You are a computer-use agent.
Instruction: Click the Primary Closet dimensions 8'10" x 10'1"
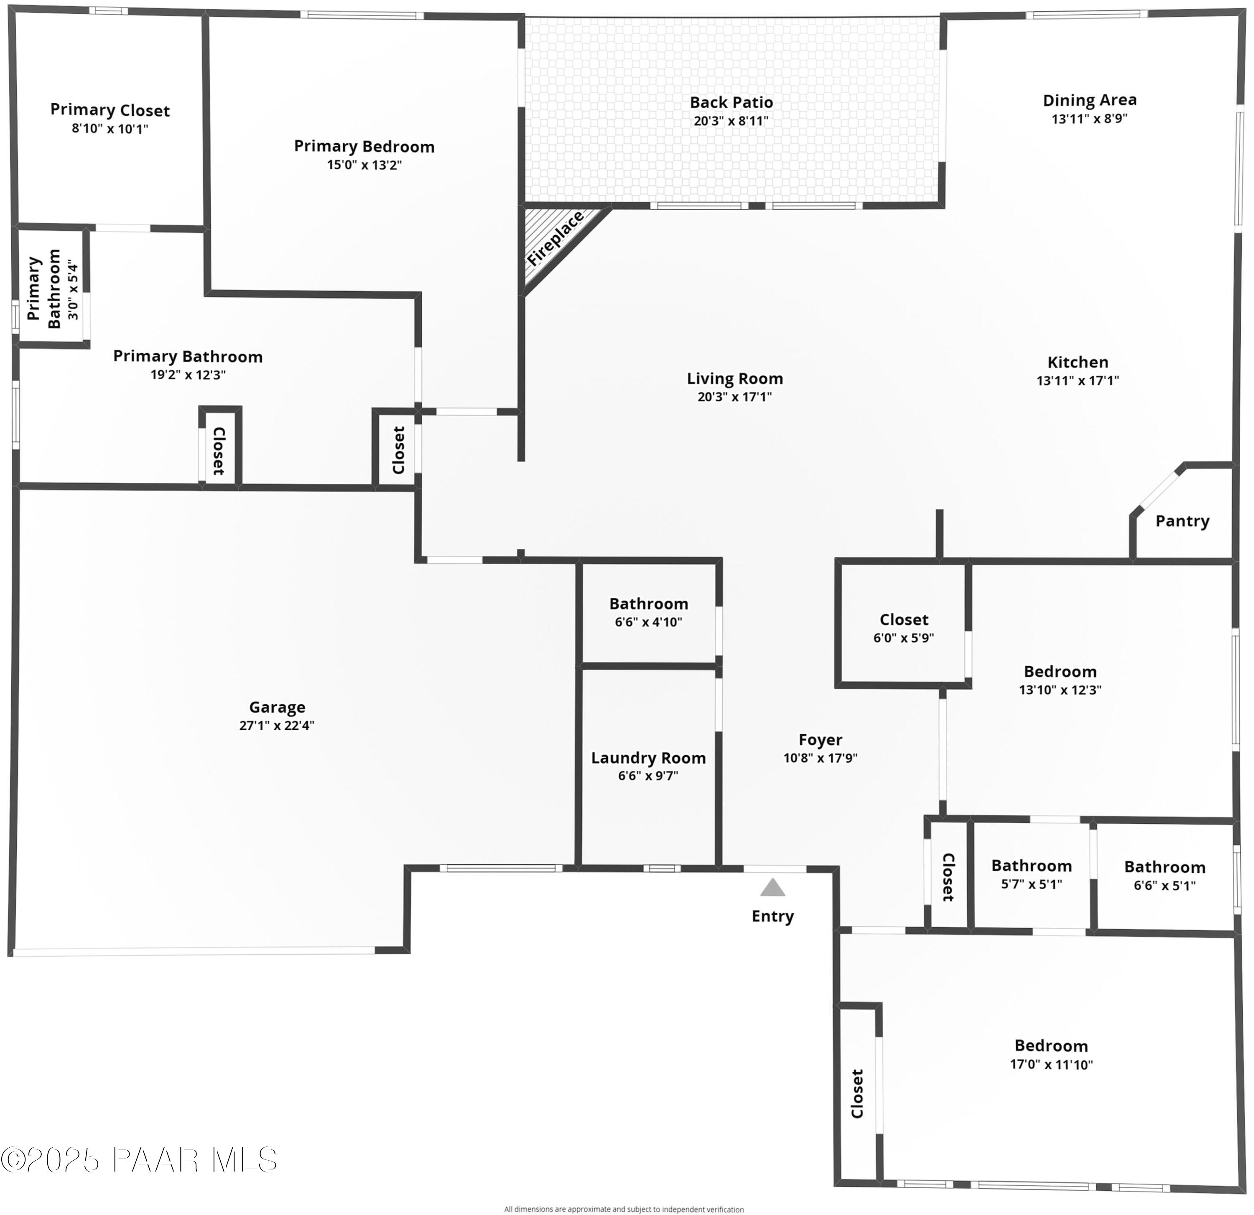coord(110,129)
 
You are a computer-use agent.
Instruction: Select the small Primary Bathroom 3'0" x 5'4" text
coord(73,291)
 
